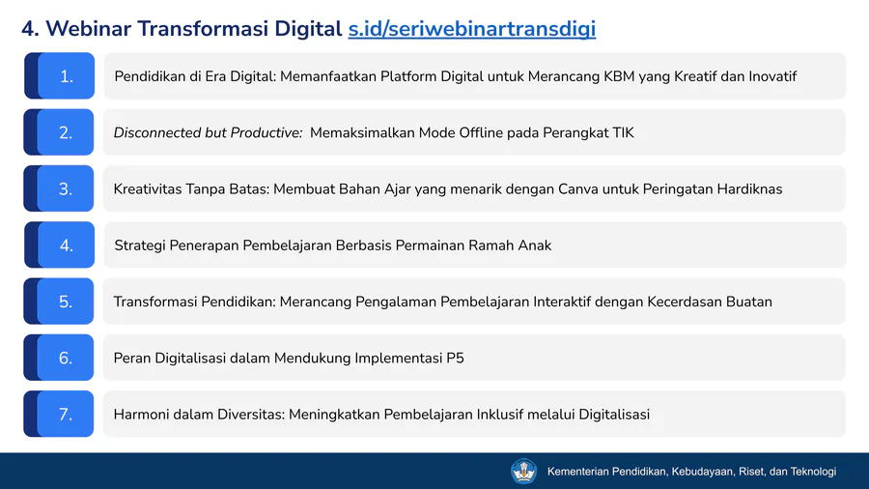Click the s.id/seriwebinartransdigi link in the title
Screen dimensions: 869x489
tap(471, 29)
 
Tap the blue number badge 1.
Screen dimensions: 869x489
tap(59, 76)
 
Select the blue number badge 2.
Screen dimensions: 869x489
tap(59, 132)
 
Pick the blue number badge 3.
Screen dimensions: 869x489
tap(59, 188)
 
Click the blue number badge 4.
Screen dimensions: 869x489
tap(59, 244)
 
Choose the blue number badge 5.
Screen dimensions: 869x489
tap(59, 302)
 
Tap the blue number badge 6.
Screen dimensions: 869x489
tap(59, 358)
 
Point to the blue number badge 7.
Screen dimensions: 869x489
tap(59, 414)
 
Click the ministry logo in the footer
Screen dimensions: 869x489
tap(523, 472)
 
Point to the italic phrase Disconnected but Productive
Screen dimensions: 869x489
tap(208, 132)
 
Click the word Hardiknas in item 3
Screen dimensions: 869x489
tap(750, 189)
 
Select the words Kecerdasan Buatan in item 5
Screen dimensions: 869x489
tap(710, 302)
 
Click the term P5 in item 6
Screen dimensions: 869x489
tap(455, 359)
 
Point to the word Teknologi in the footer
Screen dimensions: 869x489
tap(813, 472)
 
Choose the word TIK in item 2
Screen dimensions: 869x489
tap(623, 132)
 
